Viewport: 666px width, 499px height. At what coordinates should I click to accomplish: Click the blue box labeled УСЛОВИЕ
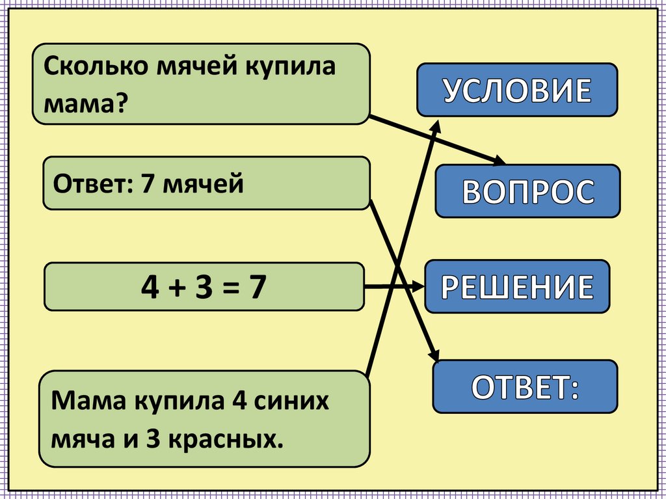tap(517, 90)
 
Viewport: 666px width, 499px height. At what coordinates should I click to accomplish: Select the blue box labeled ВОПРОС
tap(527, 191)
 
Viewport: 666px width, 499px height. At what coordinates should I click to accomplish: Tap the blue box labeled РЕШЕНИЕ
tap(518, 286)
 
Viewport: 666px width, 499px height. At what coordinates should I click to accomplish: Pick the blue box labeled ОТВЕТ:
tap(525, 386)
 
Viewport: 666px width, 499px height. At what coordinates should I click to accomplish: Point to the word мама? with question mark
tap(85, 101)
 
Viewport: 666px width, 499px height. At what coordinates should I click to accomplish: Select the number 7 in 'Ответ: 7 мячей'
tap(146, 184)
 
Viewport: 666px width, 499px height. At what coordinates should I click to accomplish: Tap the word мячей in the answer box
tap(203, 185)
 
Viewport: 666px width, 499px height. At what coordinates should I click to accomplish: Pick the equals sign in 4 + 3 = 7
tap(229, 287)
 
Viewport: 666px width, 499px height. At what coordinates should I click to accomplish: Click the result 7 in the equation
tap(257, 286)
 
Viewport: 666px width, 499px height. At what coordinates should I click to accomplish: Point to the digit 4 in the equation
tap(152, 286)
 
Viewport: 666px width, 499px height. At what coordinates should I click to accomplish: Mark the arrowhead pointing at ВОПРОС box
tap(499, 162)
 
